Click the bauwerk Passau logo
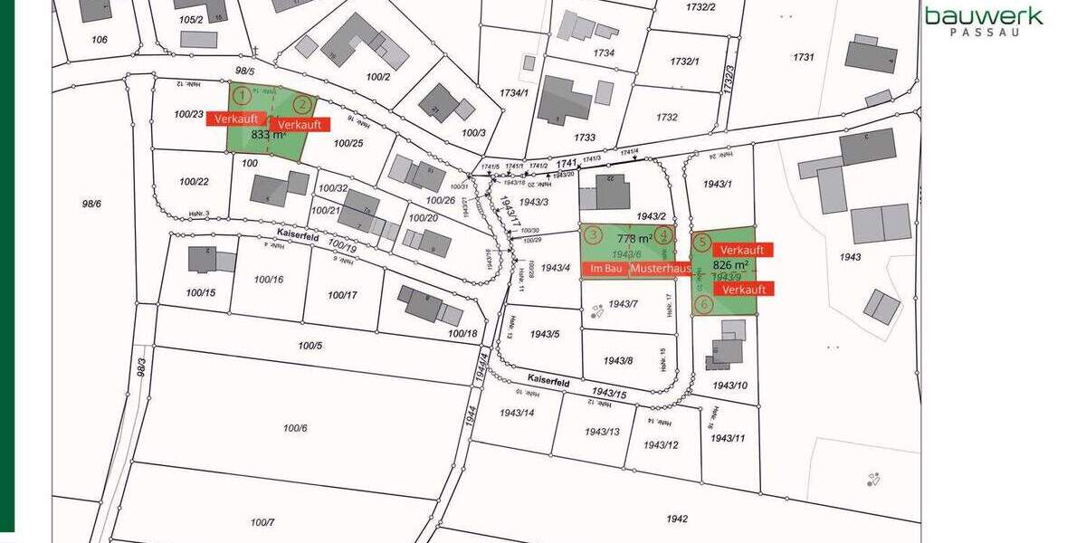983,21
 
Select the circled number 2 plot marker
304,104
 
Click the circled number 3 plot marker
592,235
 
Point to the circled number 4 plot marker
665,235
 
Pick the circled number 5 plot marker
702,242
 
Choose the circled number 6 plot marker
702,306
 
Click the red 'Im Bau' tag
605,270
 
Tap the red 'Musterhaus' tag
661,270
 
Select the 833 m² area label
268,135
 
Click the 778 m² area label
634,239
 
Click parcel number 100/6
295,428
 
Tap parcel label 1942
676,519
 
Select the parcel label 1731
803,57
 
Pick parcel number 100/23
189,114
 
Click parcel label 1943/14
516,413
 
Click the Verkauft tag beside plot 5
743,250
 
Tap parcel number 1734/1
513,93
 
